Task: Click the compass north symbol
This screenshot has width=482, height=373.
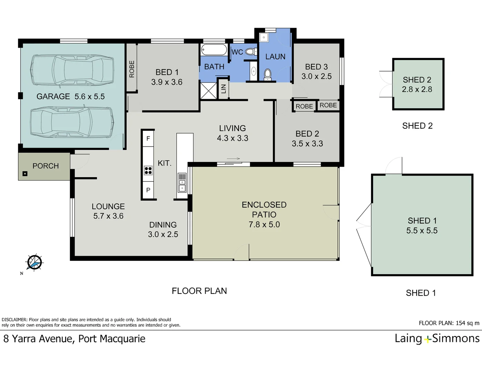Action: point(34,262)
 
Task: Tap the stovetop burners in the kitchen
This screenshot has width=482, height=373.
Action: point(148,170)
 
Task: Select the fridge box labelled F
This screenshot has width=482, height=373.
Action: point(148,138)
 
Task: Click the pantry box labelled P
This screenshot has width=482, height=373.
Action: point(148,190)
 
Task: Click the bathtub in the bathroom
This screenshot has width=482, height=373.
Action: point(214,50)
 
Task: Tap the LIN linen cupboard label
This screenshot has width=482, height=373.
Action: point(223,89)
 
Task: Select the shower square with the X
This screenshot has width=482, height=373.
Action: point(209,91)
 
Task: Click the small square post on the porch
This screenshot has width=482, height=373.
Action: point(25,174)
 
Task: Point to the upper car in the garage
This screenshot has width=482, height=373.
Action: point(73,70)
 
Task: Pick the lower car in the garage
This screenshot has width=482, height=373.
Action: point(72,122)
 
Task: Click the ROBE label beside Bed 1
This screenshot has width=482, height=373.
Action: point(132,69)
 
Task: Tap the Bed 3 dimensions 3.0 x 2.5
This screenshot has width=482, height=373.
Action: point(317,76)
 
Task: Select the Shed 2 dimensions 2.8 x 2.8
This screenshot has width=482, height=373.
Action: point(417,89)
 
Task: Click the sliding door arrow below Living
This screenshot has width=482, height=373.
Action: point(233,159)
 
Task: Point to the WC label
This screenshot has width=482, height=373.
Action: point(237,52)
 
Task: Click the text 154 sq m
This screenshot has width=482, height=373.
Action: point(468,323)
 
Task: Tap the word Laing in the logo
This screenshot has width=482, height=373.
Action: point(408,338)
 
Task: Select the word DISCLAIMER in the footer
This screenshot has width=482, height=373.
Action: point(14,320)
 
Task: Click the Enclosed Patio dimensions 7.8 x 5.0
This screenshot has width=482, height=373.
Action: point(264,224)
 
